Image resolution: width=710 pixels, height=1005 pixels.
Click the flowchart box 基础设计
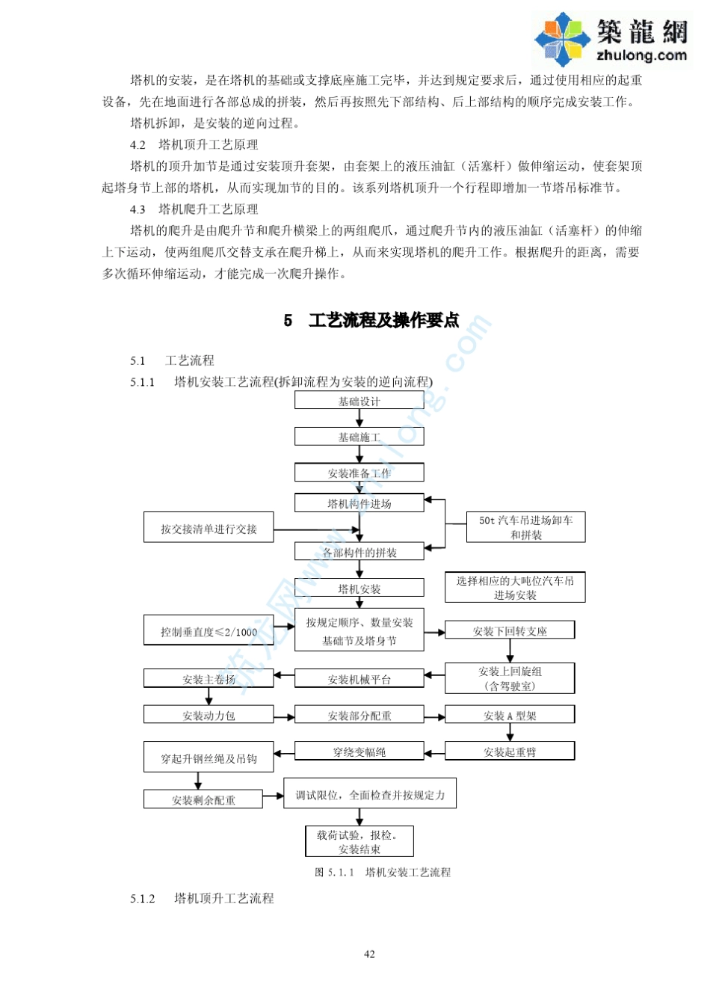click(x=359, y=401)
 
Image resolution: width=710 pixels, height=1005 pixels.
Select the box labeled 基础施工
click(x=359, y=437)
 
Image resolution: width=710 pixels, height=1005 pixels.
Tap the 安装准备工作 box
click(x=359, y=473)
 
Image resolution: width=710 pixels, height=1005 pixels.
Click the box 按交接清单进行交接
click(x=209, y=528)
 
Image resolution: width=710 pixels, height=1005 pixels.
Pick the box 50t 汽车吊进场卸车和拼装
click(x=525, y=527)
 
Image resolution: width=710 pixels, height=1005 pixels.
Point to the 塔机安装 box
click(x=359, y=588)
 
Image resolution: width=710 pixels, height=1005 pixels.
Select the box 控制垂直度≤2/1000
click(x=209, y=631)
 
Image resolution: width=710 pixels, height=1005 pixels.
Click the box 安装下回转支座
click(x=510, y=630)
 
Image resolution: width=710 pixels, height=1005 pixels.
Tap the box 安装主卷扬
click(x=209, y=679)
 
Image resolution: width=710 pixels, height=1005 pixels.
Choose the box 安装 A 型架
click(x=510, y=715)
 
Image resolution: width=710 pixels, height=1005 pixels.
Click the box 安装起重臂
click(x=510, y=752)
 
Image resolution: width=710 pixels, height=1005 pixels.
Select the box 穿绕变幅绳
click(x=359, y=752)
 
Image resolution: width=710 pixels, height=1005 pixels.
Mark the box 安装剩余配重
click(x=203, y=799)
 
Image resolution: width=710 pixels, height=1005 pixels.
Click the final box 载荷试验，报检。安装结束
click(x=359, y=841)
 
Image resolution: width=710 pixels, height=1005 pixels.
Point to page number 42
click(x=369, y=953)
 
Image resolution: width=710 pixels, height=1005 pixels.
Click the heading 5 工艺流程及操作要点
click(x=371, y=320)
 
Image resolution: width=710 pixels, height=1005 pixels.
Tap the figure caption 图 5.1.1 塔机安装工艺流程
click(x=383, y=872)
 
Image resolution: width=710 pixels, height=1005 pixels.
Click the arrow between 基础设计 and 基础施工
click(x=359, y=419)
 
